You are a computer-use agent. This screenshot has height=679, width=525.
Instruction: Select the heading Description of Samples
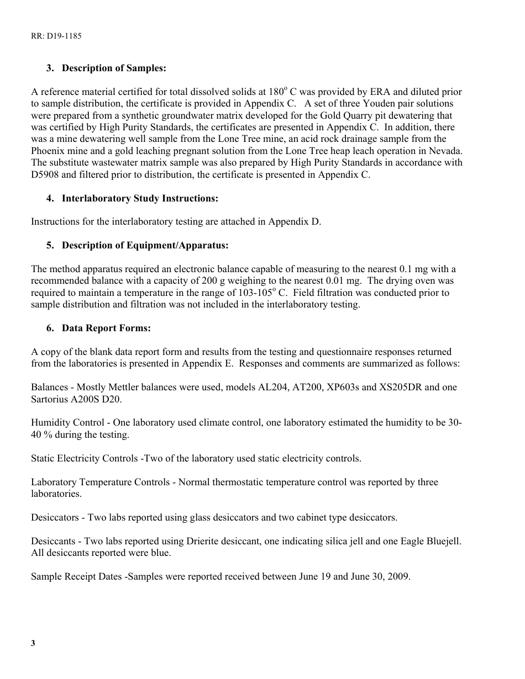click(x=113, y=68)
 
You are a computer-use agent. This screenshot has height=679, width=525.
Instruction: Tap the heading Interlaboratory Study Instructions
click(x=140, y=198)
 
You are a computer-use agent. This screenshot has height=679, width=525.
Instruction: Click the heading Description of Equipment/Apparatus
click(x=145, y=245)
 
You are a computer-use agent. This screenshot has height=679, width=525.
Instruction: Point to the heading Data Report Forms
click(x=106, y=328)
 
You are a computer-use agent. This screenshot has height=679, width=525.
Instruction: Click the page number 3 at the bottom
click(x=33, y=643)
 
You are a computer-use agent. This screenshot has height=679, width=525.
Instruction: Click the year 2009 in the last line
click(x=398, y=576)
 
